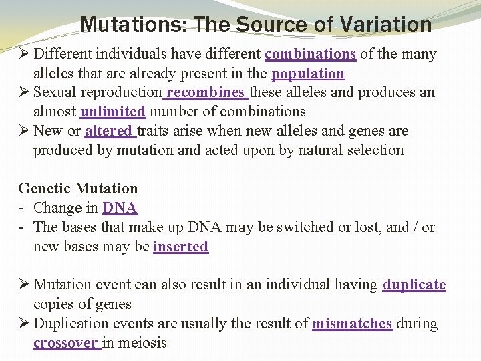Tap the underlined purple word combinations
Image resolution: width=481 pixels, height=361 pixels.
pyautogui.click(x=310, y=54)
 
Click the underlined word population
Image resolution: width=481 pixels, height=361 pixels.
pyautogui.click(x=308, y=74)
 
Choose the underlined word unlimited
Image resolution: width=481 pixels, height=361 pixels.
pyautogui.click(x=112, y=112)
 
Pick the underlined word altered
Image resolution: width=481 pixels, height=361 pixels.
pyautogui.click(x=111, y=131)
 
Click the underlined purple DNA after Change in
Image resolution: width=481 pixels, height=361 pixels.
pyautogui.click(x=120, y=208)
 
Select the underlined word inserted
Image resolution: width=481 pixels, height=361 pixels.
pyautogui.click(x=180, y=247)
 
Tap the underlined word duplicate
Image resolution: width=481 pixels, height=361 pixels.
pyautogui.click(x=414, y=285)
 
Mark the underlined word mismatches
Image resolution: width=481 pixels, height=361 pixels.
pyautogui.click(x=352, y=324)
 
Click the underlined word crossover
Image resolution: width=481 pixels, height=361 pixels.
pyautogui.click(x=66, y=343)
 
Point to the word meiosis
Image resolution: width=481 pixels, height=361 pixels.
pyautogui.click(x=143, y=343)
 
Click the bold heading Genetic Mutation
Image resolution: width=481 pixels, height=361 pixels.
pyautogui.click(x=77, y=189)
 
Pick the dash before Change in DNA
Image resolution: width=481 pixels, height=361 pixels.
pyautogui.click(x=22, y=208)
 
